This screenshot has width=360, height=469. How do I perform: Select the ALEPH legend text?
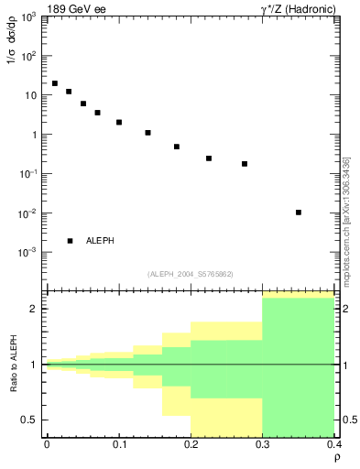(x=100, y=241)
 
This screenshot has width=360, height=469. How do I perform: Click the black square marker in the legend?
(x=71, y=241)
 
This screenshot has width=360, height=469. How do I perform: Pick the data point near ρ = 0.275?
(x=245, y=164)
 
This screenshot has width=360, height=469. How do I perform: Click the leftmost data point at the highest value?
(x=55, y=83)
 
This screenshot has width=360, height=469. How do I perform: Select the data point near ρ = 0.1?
(x=119, y=122)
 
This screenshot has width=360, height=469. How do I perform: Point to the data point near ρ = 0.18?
(x=177, y=147)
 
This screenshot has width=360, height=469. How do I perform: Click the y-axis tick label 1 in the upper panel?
(x=33, y=135)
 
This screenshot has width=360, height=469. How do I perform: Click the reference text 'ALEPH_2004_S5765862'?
(x=191, y=274)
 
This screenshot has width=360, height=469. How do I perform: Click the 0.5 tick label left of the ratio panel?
(x=29, y=420)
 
